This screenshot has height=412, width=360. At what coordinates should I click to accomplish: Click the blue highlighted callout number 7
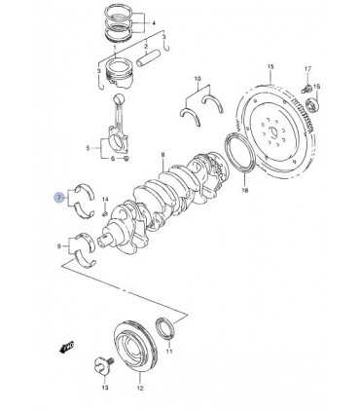(58, 198)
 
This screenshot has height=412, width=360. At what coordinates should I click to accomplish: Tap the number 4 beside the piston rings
(154, 23)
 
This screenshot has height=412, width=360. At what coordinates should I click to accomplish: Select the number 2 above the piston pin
(146, 44)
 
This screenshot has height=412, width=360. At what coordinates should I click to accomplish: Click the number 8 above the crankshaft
(162, 155)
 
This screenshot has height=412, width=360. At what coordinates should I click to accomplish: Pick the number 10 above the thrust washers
(198, 79)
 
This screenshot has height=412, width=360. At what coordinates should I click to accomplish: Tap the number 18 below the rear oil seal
(245, 191)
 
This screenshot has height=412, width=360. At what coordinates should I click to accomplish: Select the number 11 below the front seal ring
(169, 352)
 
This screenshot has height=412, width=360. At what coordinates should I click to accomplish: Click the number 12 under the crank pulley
(140, 388)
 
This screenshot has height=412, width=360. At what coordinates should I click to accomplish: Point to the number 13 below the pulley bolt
(105, 388)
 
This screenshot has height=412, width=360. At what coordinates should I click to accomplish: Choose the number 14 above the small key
(105, 199)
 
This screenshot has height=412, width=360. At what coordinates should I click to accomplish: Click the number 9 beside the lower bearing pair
(58, 246)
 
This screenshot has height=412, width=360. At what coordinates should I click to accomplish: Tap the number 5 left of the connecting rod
(88, 148)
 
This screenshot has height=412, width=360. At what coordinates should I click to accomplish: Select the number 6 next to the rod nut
(113, 159)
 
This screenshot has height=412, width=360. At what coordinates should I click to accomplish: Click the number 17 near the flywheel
(307, 69)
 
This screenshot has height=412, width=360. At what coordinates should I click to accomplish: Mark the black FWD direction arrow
(66, 347)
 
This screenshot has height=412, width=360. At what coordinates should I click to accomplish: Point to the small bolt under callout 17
(306, 88)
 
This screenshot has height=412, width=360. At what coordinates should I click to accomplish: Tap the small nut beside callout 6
(126, 159)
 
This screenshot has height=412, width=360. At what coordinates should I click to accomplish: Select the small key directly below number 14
(105, 213)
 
